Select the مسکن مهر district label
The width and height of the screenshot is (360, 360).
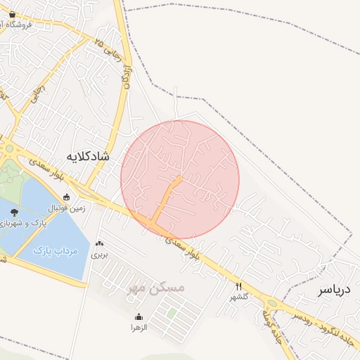click(156, 288)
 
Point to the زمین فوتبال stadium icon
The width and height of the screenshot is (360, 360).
click(67, 198)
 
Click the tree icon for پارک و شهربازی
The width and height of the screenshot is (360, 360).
click(14, 212)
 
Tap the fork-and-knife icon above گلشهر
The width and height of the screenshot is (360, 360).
click(239, 286)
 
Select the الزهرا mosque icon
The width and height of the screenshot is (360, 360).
click(139, 316)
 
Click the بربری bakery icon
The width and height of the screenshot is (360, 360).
click(99, 243)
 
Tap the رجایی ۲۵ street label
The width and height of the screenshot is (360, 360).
click(109, 49)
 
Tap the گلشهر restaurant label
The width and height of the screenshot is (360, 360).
click(239, 297)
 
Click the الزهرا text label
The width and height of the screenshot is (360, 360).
click(139, 327)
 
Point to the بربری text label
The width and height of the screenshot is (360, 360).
click(99, 254)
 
